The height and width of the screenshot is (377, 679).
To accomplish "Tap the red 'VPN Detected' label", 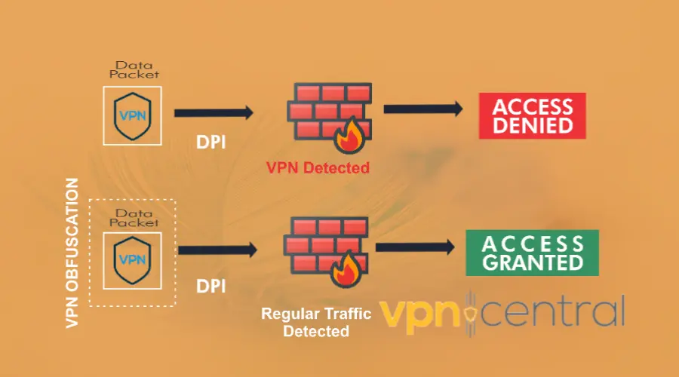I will tap(318, 167).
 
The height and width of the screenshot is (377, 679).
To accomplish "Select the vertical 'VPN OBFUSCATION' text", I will tap(72, 253).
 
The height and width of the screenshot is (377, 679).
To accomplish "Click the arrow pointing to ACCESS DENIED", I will tap(422, 109).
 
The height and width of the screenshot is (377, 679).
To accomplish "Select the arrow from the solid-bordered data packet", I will tap(214, 113).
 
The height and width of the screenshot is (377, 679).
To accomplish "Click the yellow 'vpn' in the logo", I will tap(419, 313).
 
